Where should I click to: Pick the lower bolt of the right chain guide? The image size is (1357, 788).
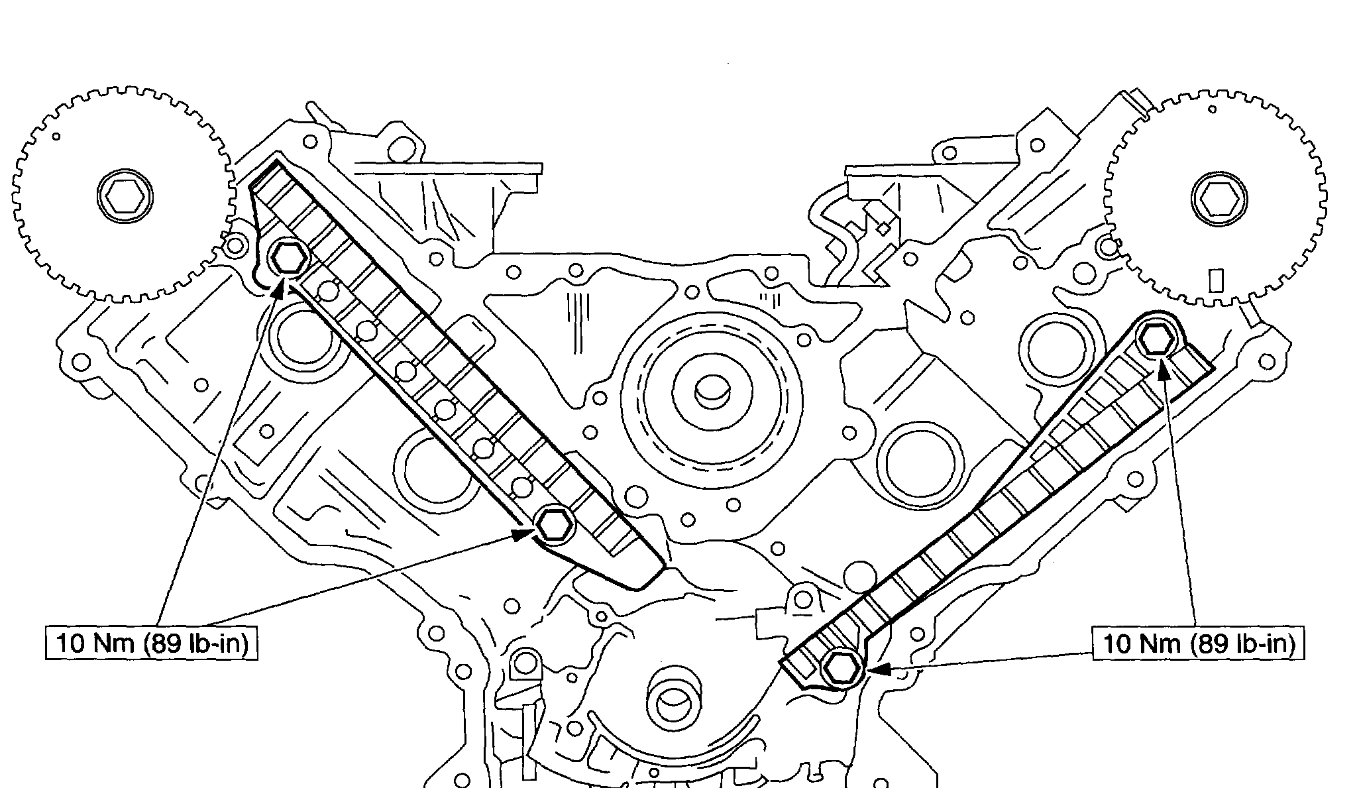pyautogui.click(x=840, y=669)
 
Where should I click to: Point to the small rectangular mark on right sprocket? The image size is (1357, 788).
pyautogui.click(x=1215, y=280)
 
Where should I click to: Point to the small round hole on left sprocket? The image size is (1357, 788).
pyautogui.click(x=57, y=137)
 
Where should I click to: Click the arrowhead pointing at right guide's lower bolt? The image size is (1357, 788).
pyautogui.click(x=876, y=670)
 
